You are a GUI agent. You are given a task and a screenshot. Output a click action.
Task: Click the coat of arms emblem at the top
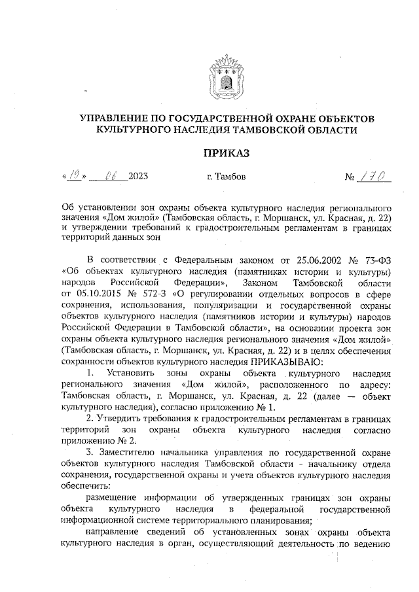coord(227,77)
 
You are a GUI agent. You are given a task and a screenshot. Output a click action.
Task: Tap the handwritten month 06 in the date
coord(107,176)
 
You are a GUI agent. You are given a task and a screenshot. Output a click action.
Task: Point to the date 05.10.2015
coord(96,294)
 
